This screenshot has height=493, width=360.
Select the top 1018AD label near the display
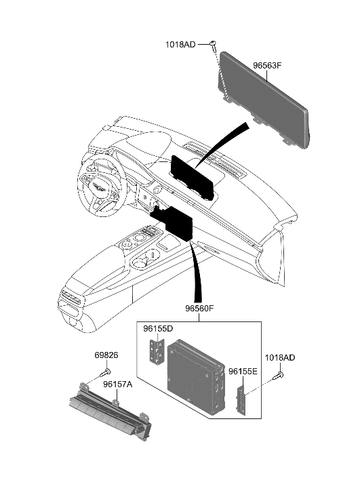pyautogui.click(x=180, y=45)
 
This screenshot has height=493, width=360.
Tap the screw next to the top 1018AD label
pyautogui.click(x=212, y=45)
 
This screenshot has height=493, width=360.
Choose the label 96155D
pyautogui.click(x=158, y=330)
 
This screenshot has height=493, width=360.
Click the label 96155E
pyautogui.click(x=242, y=372)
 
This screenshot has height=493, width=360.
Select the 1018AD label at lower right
pyautogui.click(x=280, y=357)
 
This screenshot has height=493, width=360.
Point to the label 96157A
pyautogui.click(x=117, y=384)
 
